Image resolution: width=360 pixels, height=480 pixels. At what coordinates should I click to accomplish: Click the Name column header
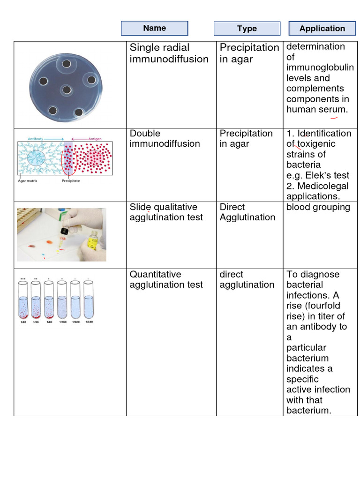(x=154, y=28)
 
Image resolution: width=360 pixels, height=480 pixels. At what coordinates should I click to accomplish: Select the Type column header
(x=247, y=29)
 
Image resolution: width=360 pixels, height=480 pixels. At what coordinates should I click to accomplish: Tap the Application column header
(x=322, y=29)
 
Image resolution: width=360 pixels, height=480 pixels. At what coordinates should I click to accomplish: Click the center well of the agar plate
(x=67, y=90)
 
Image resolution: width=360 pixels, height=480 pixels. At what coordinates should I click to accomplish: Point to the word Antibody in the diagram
(x=36, y=139)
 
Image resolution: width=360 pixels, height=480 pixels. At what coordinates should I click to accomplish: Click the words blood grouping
(x=318, y=207)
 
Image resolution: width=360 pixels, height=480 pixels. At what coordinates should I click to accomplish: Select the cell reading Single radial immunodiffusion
(x=169, y=53)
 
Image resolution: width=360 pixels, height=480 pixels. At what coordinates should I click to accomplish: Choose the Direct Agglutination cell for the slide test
(x=247, y=212)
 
